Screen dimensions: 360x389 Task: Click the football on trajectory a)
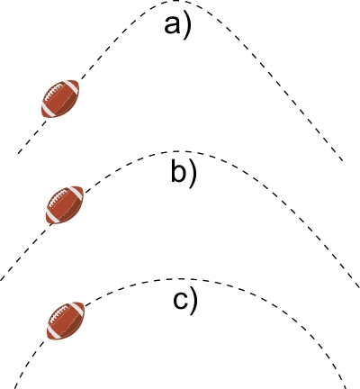(x=60, y=98)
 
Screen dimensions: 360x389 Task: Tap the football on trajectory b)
(x=65, y=205)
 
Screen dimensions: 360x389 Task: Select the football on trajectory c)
(x=66, y=321)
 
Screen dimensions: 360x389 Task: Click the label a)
(x=177, y=25)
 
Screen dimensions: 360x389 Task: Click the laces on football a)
(x=53, y=92)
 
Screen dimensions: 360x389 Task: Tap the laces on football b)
(x=58, y=199)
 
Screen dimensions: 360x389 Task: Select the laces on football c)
(x=59, y=314)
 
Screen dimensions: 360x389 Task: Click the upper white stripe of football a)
(x=72, y=86)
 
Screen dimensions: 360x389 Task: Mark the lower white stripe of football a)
(x=49, y=111)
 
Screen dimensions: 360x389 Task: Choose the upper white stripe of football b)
(x=76, y=193)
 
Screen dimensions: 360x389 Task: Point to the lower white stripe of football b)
(x=53, y=217)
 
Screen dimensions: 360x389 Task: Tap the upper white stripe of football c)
(x=77, y=309)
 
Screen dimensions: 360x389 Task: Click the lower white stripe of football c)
(x=54, y=332)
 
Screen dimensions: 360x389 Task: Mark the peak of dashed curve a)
(x=176, y=1)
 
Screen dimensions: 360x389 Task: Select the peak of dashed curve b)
(x=179, y=151)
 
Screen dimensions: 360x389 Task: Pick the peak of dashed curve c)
(x=179, y=279)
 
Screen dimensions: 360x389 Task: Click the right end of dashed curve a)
(x=343, y=160)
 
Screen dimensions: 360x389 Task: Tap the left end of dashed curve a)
(x=19, y=153)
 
